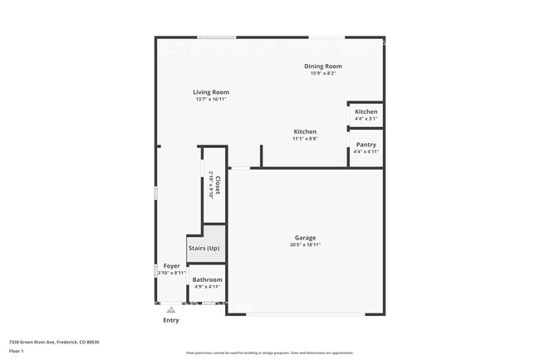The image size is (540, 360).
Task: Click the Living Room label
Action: pos(211,92)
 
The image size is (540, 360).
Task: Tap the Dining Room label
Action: pos(322,66)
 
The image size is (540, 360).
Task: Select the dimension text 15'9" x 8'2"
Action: pos(322,73)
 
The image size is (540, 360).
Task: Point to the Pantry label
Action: pos(366,145)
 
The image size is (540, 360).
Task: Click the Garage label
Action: pos(305,238)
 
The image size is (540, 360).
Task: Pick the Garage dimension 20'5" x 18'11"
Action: pos(305,245)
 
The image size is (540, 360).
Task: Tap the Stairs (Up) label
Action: pos(204,249)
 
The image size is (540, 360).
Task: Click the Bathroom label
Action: pos(207,279)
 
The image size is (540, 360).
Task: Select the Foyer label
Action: pos(171,266)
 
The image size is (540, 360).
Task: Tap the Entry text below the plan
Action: pos(170,320)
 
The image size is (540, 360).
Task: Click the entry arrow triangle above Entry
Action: pos(170,309)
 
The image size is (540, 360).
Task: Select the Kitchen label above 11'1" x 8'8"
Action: pos(305,131)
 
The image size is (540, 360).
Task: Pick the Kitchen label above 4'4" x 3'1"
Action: pos(366,111)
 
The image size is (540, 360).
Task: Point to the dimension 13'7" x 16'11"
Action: pos(211,100)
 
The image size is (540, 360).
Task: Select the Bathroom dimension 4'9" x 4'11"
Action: pos(207,287)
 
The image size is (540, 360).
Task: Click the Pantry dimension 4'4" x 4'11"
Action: pos(366,152)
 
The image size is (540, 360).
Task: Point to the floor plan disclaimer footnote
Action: pos(269,353)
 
